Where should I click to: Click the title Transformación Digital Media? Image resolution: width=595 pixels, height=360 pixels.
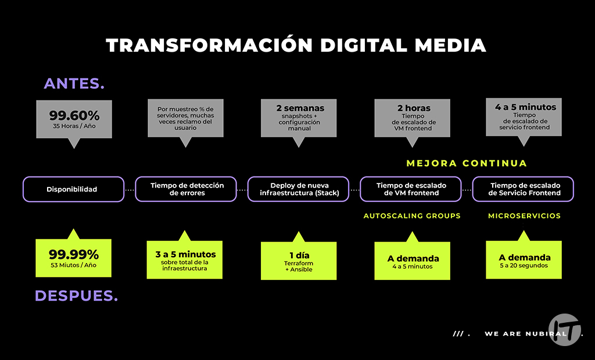[x=296, y=45]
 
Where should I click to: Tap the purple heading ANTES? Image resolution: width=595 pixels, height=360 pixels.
[x=74, y=84]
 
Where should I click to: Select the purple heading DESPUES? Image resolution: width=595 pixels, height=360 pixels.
[x=76, y=296]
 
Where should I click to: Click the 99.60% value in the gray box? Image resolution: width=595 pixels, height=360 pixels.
[x=74, y=115]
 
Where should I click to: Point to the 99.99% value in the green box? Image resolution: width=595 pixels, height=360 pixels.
[x=74, y=254]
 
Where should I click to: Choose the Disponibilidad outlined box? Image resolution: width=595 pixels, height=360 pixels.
[x=73, y=189]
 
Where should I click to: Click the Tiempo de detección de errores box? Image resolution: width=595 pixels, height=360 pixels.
[x=186, y=189]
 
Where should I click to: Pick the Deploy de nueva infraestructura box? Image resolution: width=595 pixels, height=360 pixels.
[x=299, y=189]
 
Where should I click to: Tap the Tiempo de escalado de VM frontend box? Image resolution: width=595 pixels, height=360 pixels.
[x=411, y=189]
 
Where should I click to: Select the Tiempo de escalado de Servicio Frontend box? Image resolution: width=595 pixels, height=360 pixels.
[x=524, y=189]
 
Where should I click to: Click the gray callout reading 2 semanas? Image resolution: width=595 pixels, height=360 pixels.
[x=299, y=117]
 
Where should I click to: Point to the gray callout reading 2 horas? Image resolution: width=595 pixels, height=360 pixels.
[x=412, y=118]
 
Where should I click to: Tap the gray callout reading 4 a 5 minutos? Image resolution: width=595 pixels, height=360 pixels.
[x=524, y=117]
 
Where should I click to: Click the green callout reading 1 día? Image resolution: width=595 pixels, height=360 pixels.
[x=299, y=260]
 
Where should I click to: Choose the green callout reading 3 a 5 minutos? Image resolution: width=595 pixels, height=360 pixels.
[x=185, y=260]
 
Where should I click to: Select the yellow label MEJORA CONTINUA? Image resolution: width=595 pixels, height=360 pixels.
[x=467, y=163]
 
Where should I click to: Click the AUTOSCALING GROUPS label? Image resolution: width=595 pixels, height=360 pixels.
[x=412, y=215]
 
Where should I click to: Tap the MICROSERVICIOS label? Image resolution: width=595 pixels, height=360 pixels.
[x=524, y=215]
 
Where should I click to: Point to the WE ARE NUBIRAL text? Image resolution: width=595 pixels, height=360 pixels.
[x=517, y=334]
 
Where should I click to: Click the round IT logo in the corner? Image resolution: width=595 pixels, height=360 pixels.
[x=564, y=329]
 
